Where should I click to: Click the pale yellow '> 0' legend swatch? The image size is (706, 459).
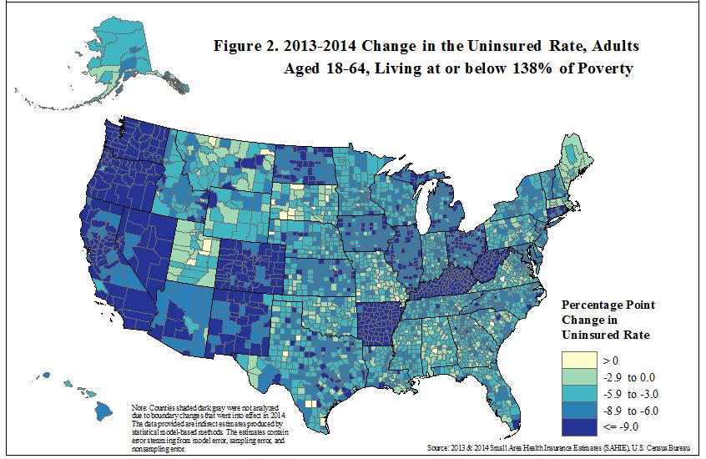[579, 361]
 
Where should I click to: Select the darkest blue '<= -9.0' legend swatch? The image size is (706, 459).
[579, 427]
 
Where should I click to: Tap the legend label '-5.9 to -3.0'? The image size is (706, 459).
[630, 394]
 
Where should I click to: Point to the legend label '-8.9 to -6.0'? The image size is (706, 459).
[630, 411]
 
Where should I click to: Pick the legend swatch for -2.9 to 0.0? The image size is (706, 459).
[579, 377]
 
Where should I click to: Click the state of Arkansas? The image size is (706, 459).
[377, 322]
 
